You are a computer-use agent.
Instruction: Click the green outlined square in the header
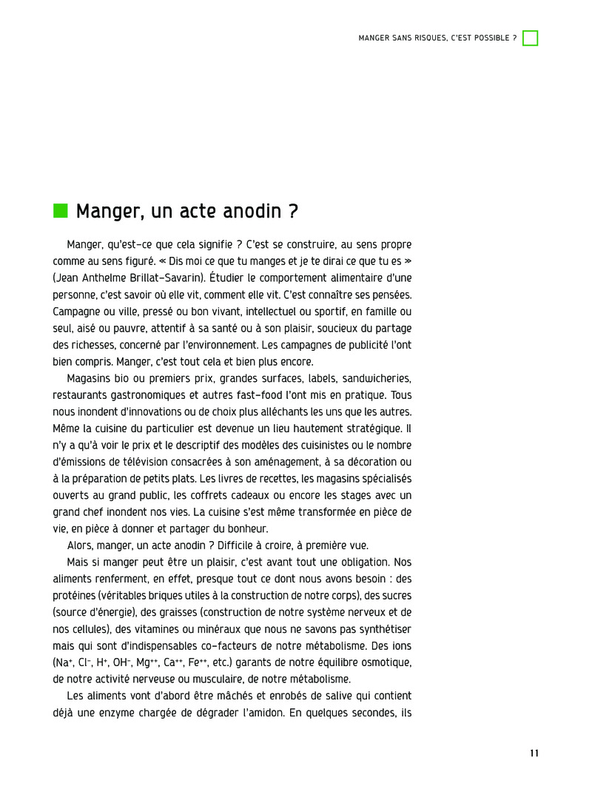pos(530,38)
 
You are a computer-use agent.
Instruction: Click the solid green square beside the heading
pos(60,211)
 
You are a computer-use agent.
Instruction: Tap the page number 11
pos(534,753)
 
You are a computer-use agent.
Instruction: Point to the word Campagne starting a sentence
pos(77,311)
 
